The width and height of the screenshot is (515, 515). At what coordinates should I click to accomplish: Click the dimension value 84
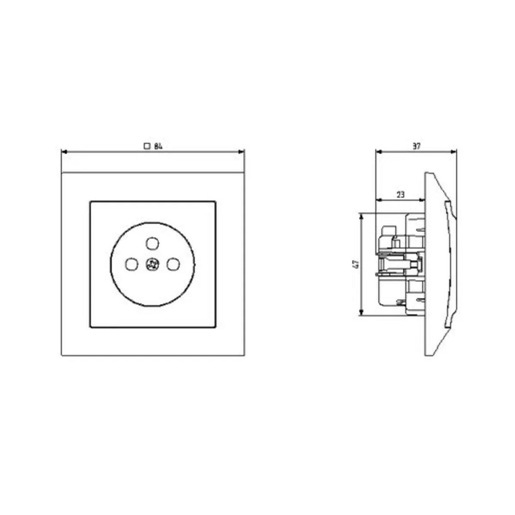tap(158, 146)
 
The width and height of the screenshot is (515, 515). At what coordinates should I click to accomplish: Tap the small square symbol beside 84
tap(147, 146)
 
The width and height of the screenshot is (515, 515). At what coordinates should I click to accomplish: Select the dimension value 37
tap(416, 146)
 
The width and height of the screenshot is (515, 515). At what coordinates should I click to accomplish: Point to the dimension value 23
tap(400, 195)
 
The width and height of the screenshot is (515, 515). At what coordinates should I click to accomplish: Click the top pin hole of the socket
tap(153, 243)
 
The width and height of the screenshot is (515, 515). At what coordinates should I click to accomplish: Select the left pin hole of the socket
tap(132, 264)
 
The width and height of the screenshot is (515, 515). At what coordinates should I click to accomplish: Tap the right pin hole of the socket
tap(173, 264)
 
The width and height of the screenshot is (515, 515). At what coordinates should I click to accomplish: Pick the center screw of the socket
tap(152, 264)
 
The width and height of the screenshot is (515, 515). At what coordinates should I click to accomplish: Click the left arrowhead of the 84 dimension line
tap(64, 152)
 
